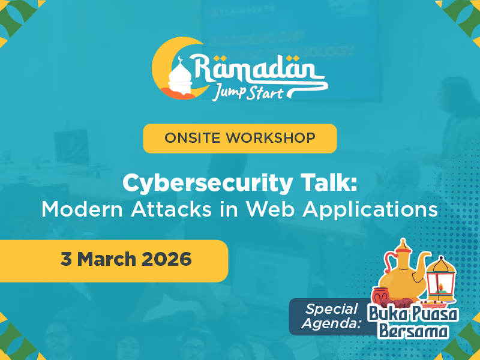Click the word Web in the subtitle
(270, 209)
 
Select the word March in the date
(106, 260)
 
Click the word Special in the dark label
(332, 310)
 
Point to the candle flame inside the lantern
(442, 287)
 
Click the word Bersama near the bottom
(415, 331)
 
